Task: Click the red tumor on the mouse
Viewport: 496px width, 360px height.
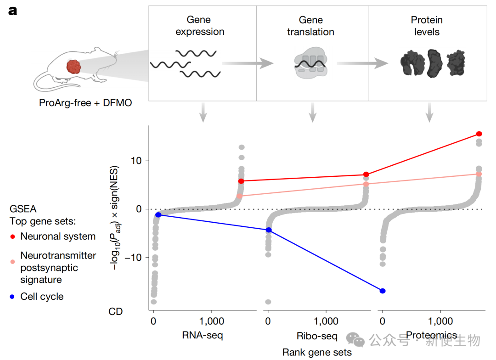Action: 73,67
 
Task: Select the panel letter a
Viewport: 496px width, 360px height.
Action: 13,11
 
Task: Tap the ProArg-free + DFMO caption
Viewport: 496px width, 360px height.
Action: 85,103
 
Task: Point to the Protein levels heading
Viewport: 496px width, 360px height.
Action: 427,26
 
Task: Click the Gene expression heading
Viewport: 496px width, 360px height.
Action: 199,26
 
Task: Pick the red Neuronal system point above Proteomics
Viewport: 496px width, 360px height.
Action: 479,134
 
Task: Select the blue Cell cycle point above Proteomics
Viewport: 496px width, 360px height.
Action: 383,291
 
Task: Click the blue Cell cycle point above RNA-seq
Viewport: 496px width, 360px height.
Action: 158,214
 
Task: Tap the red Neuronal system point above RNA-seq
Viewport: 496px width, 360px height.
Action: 241,181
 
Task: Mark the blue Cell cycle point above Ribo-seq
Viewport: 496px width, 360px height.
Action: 269,230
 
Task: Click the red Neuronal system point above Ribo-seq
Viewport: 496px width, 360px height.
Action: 366,174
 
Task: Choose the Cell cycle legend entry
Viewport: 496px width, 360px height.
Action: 42,297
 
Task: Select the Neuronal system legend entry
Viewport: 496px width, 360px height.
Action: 58,237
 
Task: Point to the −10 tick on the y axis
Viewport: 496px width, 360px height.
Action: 137,257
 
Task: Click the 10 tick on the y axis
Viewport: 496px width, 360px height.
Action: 140,161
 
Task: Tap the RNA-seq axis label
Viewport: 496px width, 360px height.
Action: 203,335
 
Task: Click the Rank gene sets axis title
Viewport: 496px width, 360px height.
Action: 317,353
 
